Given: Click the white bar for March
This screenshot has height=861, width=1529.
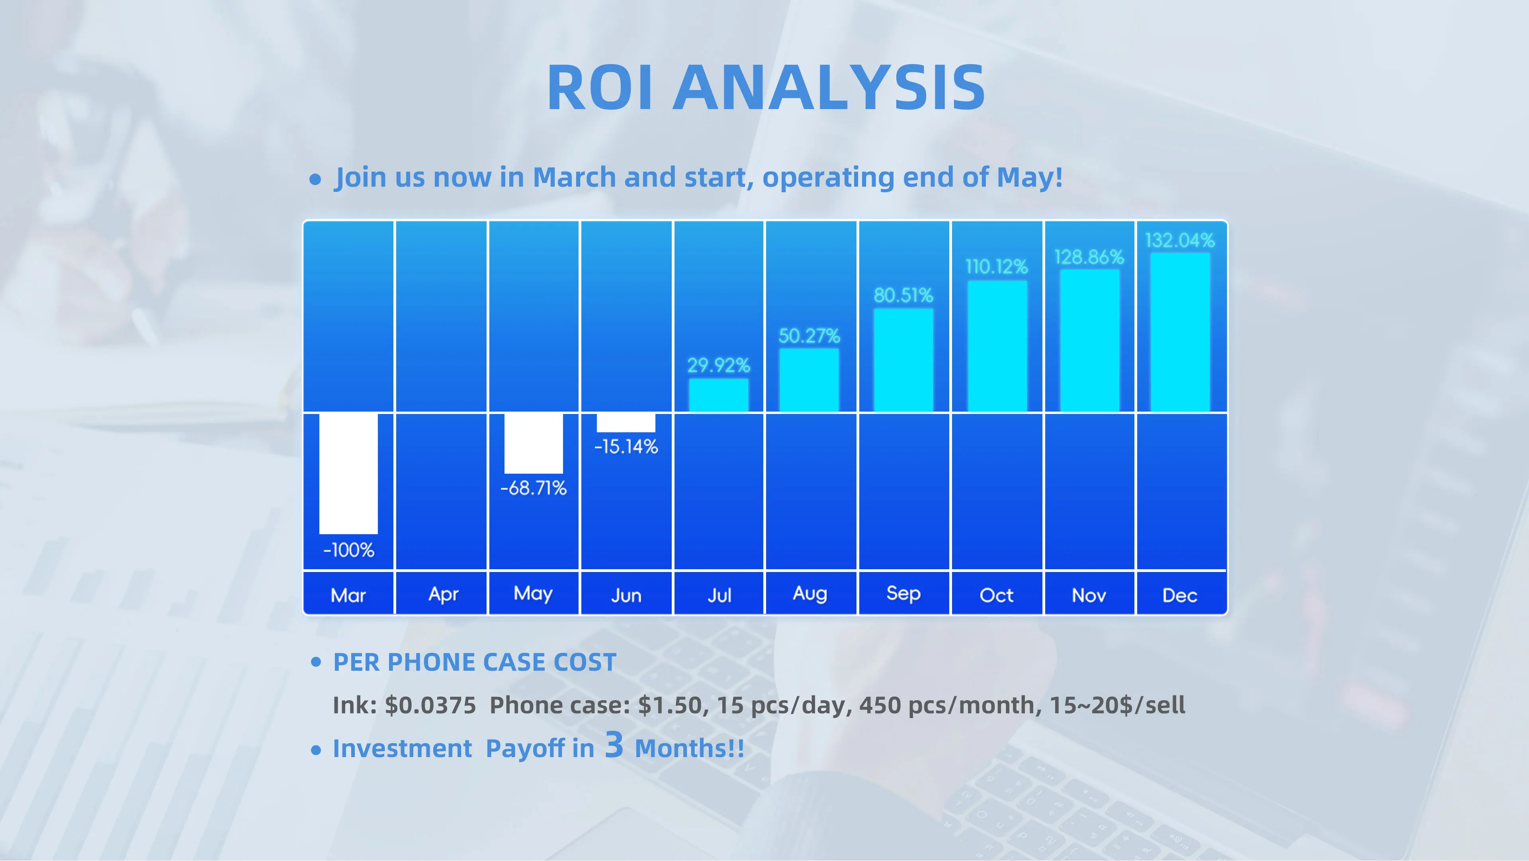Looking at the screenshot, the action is (x=348, y=474).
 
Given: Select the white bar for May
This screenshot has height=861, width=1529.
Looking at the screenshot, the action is (x=534, y=443).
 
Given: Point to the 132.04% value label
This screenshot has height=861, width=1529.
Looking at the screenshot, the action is (x=1180, y=240).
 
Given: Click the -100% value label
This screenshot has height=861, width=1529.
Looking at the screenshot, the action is (x=348, y=550).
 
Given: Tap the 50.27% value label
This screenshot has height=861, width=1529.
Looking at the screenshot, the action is (x=809, y=336).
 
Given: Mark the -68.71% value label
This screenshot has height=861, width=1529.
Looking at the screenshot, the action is (x=534, y=488).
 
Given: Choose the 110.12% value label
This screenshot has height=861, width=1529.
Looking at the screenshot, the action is (x=997, y=266).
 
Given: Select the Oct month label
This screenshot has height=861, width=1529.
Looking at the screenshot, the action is (x=997, y=595).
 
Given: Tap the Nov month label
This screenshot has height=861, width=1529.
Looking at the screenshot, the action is (x=1089, y=595).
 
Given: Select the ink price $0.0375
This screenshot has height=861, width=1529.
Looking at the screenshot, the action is (x=430, y=705).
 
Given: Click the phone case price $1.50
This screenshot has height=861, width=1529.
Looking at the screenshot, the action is (x=670, y=705).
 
